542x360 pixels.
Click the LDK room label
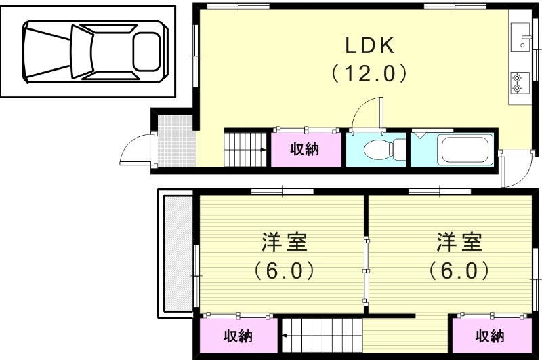click(x=370, y=46)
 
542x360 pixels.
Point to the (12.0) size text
click(x=369, y=73)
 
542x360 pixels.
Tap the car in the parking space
click(x=93, y=52)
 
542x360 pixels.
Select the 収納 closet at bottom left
click(x=238, y=336)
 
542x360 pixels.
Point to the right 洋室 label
click(x=458, y=241)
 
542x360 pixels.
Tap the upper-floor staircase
click(x=322, y=336)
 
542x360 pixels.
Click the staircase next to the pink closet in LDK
click(x=246, y=148)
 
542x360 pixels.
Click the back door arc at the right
click(x=515, y=174)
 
